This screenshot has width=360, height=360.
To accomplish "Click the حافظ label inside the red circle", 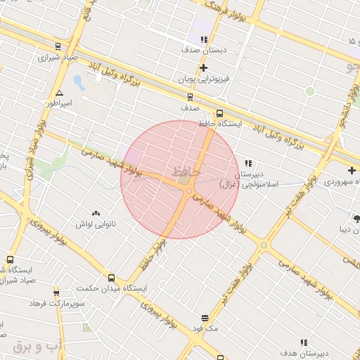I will (186, 171).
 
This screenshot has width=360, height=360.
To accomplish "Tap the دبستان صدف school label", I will (202, 51).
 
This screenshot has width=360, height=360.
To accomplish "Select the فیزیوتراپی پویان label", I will (203, 80).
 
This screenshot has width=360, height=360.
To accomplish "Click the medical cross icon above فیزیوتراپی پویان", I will (203, 68).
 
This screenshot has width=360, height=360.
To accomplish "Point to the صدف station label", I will (188, 110).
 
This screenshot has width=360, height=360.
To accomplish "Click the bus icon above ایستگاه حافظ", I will (219, 112).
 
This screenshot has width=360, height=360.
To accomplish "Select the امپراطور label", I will (60, 103).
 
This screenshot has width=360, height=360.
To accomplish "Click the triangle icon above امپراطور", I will (60, 93).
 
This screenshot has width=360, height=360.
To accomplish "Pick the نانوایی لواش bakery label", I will (96, 224).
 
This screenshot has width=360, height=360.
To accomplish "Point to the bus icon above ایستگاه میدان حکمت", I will (111, 278).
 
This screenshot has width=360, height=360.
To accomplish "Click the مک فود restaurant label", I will (205, 328).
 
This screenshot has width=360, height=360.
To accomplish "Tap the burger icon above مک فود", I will (205, 318).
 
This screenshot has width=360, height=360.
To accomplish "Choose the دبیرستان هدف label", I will (303, 352).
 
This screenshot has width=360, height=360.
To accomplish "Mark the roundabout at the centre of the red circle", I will (188, 191).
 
